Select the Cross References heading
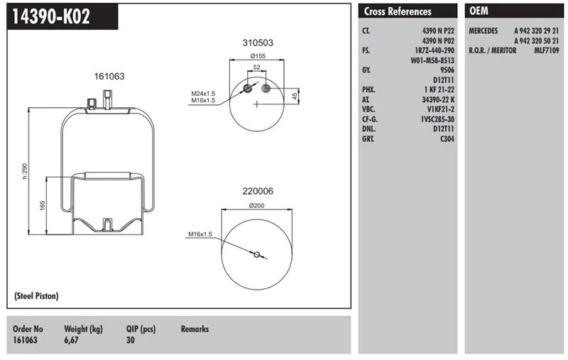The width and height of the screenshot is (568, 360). tap(398, 11)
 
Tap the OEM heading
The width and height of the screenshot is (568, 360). tap(479, 11)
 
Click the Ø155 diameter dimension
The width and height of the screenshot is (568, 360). tap(257, 55)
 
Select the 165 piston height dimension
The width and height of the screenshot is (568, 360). tap(43, 205)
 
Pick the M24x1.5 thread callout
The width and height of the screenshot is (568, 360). tap(202, 93)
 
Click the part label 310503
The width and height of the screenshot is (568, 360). tap(256, 43)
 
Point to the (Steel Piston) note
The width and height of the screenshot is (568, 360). tap(36, 295)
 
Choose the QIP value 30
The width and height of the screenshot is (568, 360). tap(130, 341)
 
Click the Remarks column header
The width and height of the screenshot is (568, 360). tap(195, 329)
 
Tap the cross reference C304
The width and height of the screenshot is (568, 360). tap(447, 139)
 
